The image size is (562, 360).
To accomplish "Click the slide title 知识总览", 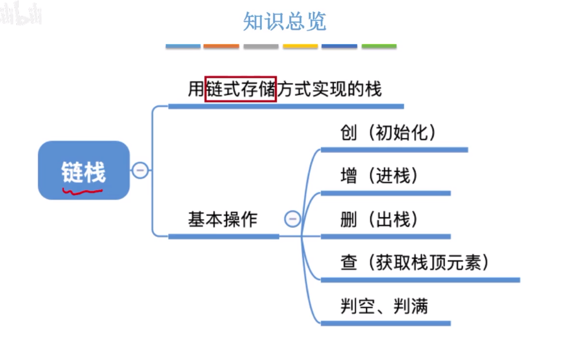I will [x=284, y=21].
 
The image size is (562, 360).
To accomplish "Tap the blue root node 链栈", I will [x=84, y=170].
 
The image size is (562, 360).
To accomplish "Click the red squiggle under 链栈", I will [x=82, y=191].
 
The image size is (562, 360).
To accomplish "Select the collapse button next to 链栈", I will [x=140, y=170].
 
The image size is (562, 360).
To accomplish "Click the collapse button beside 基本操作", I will [x=293, y=219].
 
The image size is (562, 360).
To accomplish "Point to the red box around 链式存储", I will [x=240, y=89].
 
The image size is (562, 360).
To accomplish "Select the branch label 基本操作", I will [x=223, y=219].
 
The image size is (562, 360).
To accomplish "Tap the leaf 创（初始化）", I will [x=388, y=133].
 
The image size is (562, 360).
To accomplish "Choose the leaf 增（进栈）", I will [x=379, y=176].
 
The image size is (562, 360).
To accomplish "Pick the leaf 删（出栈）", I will [x=379, y=219].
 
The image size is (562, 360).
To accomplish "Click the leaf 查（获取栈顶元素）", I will [x=414, y=263].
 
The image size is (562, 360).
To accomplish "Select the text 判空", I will [x=358, y=306].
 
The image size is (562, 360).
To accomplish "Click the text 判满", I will [x=410, y=306].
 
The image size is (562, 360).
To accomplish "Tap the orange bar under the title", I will [x=221, y=46].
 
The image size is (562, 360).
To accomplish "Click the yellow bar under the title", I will [x=300, y=46].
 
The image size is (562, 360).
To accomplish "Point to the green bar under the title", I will [x=379, y=46].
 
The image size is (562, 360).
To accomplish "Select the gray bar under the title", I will [x=261, y=46].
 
